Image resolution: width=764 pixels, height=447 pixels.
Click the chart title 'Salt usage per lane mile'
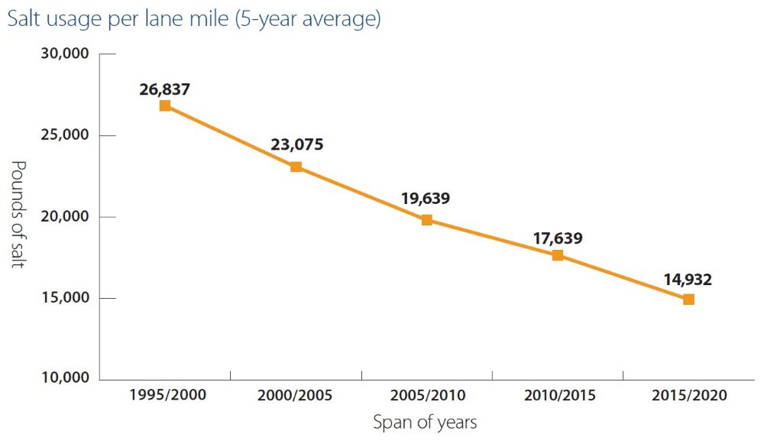click(193, 19)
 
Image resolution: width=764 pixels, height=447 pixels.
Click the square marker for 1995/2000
click(165, 105)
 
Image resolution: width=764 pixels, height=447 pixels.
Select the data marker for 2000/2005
click(296, 167)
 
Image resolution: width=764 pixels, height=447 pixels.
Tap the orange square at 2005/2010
click(427, 220)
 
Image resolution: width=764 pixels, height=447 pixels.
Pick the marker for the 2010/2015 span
click(558, 255)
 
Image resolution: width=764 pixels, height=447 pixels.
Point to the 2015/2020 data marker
click(688, 300)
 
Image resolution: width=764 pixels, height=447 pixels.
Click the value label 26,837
click(164, 89)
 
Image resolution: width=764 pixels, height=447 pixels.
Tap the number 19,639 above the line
click(426, 199)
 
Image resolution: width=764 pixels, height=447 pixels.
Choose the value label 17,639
click(557, 238)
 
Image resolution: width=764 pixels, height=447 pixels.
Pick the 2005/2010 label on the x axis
click(427, 396)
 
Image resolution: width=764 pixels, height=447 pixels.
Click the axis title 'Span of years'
click(425, 423)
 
